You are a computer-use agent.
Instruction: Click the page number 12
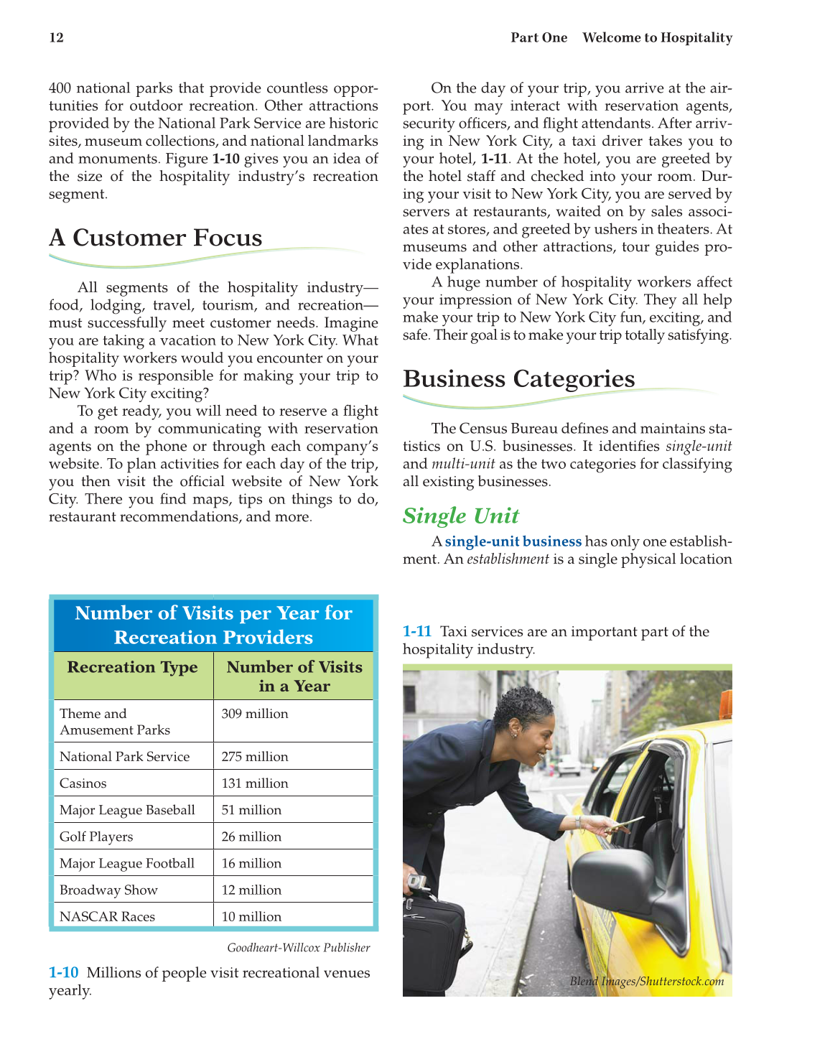pyautogui.click(x=57, y=38)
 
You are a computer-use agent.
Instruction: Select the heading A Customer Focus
pyautogui.click(x=156, y=238)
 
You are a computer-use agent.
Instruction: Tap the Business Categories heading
pyautogui.click(x=518, y=378)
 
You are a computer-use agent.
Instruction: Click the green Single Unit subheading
pyautogui.click(x=460, y=516)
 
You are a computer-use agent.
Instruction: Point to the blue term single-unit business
pyautogui.click(x=513, y=541)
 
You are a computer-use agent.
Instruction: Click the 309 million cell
pyautogui.click(x=255, y=714)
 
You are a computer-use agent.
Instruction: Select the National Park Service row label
pyautogui.click(x=125, y=757)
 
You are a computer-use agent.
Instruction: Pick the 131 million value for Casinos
pyautogui.click(x=255, y=783)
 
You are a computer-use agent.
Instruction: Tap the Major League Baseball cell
pyautogui.click(x=127, y=810)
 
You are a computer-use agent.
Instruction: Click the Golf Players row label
pyautogui.click(x=96, y=837)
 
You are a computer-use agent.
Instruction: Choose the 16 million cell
pyautogui.click(x=251, y=863)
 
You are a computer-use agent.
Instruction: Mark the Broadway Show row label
pyautogui.click(x=108, y=890)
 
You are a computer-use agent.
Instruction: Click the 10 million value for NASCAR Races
pyautogui.click(x=251, y=916)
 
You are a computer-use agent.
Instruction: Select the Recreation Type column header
pyautogui.click(x=132, y=667)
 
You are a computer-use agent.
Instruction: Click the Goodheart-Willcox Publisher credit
pyautogui.click(x=299, y=948)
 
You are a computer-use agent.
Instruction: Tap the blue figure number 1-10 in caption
pyautogui.click(x=63, y=973)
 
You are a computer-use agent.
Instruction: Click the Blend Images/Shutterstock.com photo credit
pyautogui.click(x=647, y=982)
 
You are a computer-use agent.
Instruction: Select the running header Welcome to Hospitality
pyautogui.click(x=657, y=38)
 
